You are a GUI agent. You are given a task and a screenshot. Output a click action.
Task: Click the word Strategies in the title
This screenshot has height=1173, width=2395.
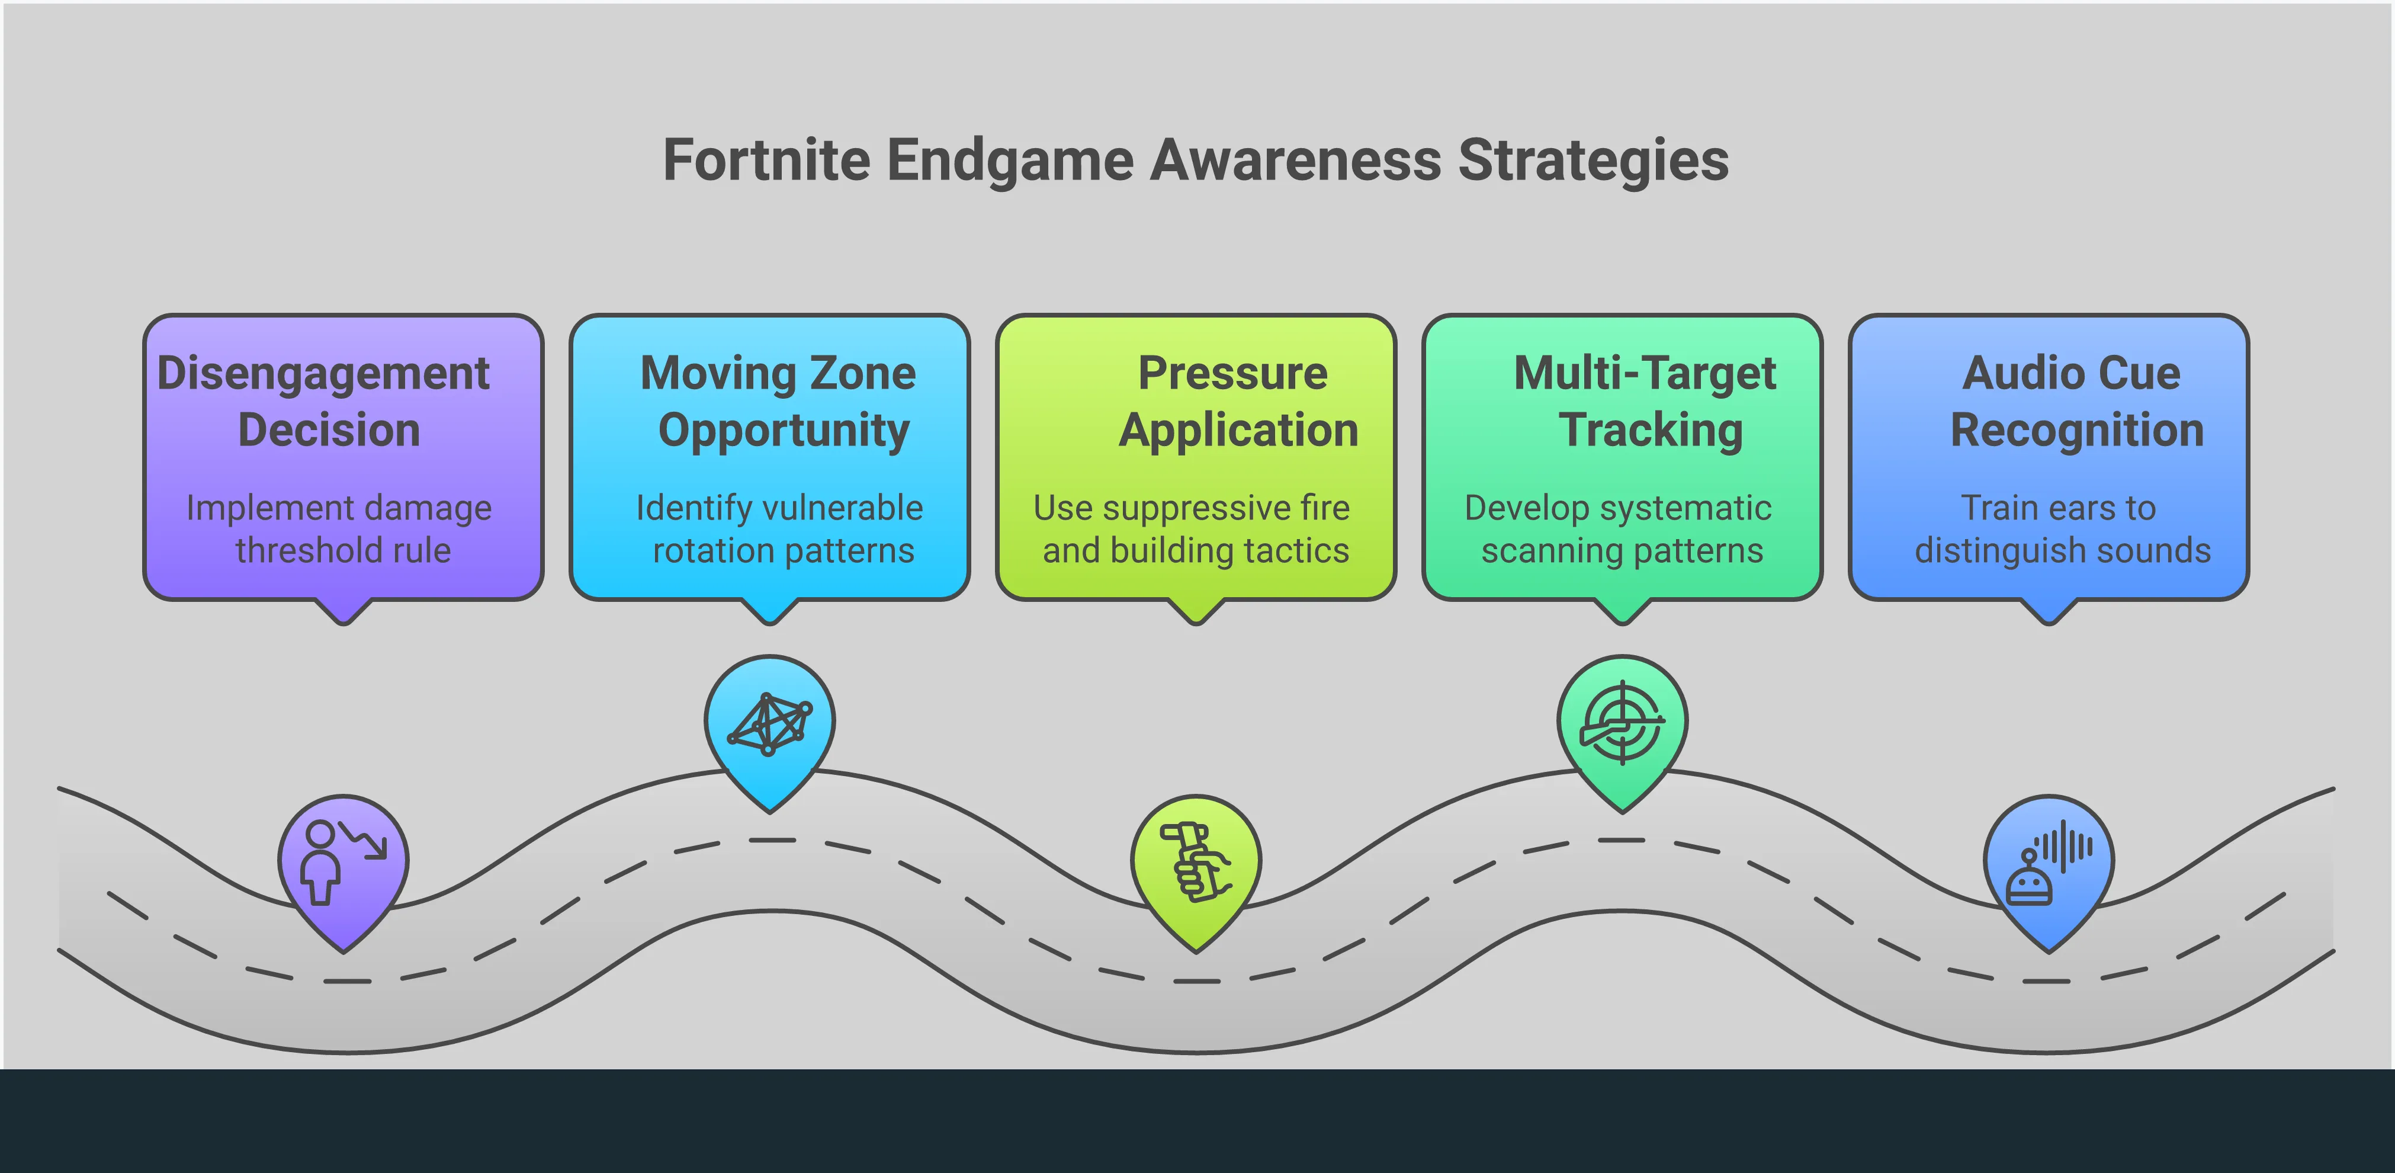click(x=1593, y=160)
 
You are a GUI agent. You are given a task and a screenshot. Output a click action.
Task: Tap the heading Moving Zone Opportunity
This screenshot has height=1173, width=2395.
click(x=779, y=401)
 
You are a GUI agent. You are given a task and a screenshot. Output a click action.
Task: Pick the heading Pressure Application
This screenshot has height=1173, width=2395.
click(x=1237, y=401)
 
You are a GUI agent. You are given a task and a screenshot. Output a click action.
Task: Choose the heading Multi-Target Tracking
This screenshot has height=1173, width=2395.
click(x=1646, y=401)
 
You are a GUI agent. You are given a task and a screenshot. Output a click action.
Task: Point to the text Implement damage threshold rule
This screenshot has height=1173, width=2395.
click(x=341, y=528)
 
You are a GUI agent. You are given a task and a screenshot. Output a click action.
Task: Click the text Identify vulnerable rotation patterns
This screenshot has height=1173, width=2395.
click(x=780, y=528)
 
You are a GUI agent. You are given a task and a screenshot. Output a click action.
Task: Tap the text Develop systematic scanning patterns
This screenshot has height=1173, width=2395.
click(x=1620, y=528)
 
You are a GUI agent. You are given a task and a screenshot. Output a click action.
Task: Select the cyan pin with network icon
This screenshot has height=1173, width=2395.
click(x=770, y=725)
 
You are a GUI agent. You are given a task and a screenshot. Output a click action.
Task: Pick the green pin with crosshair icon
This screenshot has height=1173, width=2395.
click(x=1622, y=725)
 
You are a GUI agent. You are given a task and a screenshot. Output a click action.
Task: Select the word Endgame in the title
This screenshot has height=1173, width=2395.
click(x=1010, y=160)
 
